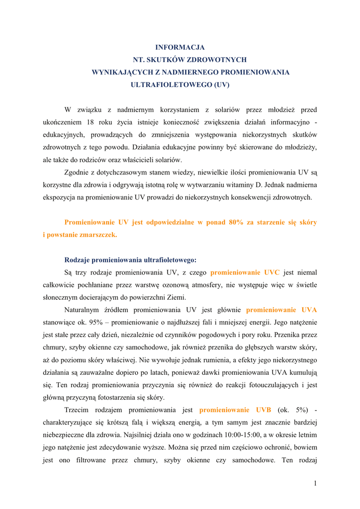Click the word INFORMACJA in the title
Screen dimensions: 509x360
[180, 47]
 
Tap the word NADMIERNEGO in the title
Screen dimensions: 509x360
[188, 72]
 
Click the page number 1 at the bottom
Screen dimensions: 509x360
[315, 483]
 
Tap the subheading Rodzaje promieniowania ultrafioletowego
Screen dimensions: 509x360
[130, 259]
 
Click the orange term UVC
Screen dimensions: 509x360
[271, 272]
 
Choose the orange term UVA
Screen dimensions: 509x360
[309, 310]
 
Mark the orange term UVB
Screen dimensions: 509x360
[263, 410]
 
